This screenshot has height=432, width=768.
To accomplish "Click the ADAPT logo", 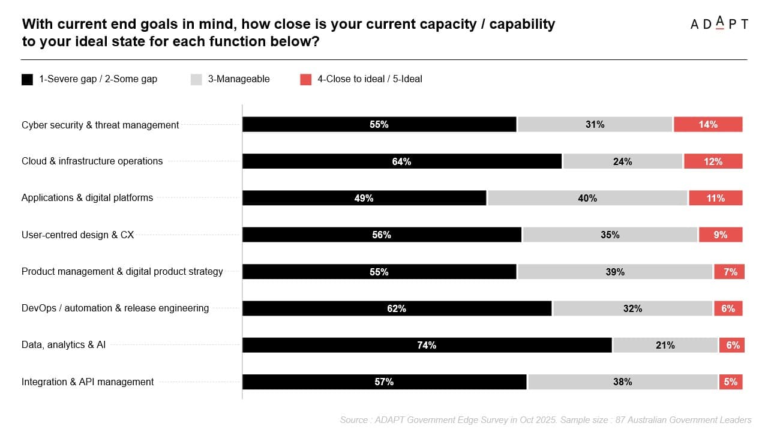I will [719, 24].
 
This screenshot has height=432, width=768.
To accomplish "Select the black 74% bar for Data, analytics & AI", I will [427, 345].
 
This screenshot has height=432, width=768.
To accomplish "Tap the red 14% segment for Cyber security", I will [708, 124].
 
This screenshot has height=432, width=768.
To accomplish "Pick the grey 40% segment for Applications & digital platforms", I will [587, 198].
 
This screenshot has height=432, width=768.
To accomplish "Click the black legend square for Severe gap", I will [27, 79].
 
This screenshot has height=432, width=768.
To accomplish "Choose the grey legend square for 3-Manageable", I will [196, 79].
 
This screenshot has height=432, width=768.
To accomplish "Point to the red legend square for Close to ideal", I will [306, 79].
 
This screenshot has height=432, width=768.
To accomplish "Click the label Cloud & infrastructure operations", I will [92, 161].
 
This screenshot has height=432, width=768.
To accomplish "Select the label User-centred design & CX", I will [77, 235].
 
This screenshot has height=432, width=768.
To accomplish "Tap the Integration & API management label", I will [88, 382].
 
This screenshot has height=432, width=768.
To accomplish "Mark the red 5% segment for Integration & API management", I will [731, 382].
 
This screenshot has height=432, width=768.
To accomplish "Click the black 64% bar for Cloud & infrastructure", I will [402, 161].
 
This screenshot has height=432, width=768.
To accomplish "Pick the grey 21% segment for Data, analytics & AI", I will [665, 345].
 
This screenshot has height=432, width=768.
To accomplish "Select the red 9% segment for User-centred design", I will [720, 235].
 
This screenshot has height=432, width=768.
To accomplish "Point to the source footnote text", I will [545, 420].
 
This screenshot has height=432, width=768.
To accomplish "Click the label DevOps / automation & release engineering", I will [115, 308].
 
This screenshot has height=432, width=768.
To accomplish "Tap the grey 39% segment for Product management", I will [615, 272].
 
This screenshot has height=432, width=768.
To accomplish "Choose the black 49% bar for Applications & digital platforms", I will [364, 198].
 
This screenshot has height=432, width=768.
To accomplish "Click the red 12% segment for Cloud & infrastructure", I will [713, 161].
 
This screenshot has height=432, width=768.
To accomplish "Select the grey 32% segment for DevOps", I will [632, 308].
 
